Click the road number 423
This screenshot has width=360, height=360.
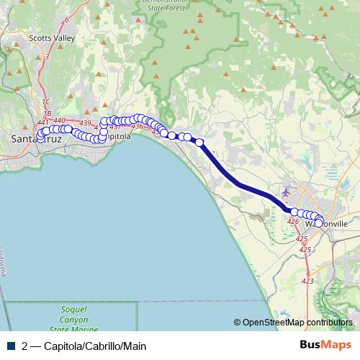click(x=308, y=282)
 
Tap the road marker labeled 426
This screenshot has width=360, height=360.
click(x=292, y=222)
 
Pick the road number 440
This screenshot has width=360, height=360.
click(x=60, y=120)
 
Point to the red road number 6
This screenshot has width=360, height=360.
click(x=66, y=19)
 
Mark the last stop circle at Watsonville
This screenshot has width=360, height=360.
click(x=319, y=223)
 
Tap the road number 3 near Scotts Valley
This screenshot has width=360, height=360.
click(x=47, y=56)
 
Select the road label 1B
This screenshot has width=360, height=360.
click(x=47, y=113)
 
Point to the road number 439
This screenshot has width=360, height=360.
click(x=86, y=123)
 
